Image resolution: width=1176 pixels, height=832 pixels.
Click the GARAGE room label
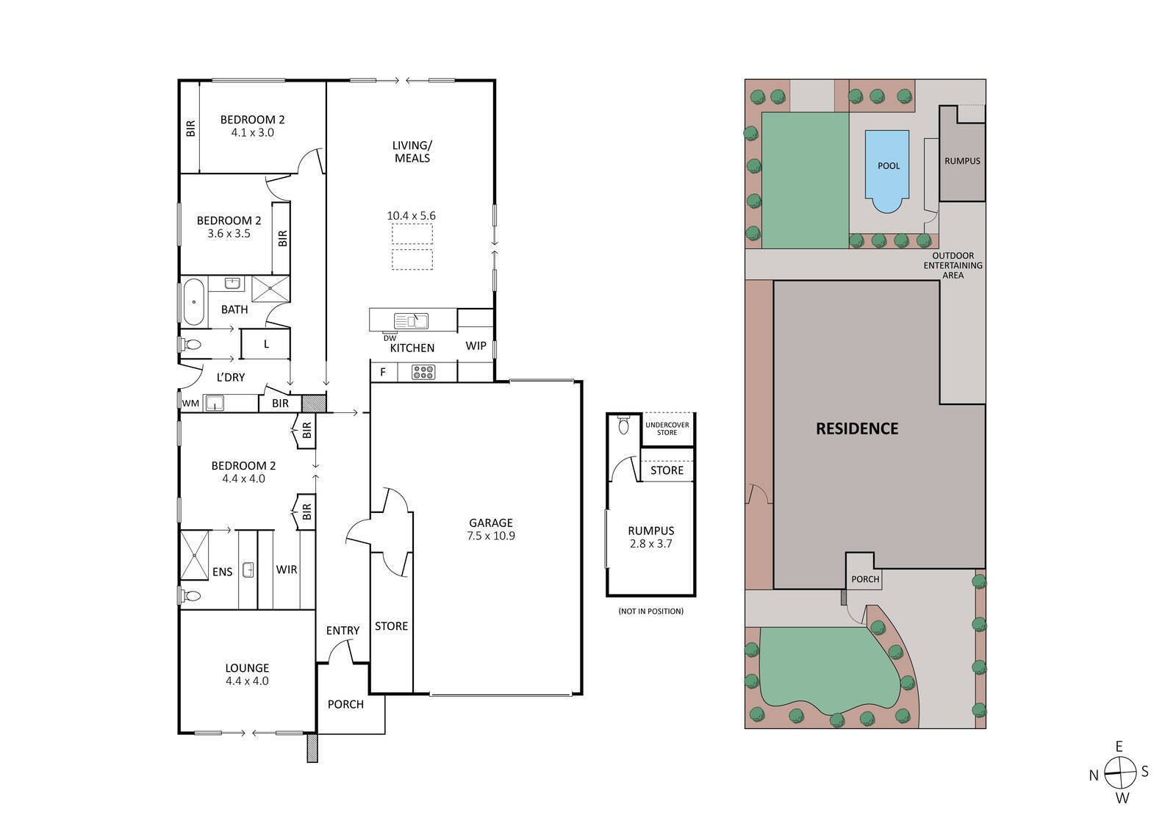(490, 523)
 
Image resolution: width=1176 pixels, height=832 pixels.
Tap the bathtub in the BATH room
(194, 301)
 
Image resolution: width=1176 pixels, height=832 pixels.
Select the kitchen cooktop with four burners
(423, 373)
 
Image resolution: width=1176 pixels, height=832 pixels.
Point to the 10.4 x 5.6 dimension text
(412, 216)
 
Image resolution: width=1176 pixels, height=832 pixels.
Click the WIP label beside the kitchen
(476, 345)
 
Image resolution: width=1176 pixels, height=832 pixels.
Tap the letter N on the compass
(1094, 775)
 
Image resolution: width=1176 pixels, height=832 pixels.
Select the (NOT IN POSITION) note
(650, 612)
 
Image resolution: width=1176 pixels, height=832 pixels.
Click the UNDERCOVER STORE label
(667, 428)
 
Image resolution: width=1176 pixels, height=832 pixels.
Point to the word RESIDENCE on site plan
(857, 428)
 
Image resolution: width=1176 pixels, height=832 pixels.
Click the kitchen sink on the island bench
(411, 320)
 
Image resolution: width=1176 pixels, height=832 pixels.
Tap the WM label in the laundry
(190, 404)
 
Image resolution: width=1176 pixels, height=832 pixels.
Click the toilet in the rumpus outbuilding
(624, 426)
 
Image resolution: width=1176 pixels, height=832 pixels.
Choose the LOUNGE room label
(247, 668)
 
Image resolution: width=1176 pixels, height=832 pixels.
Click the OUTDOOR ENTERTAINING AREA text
(953, 265)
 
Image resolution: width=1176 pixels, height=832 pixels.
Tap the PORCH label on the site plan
(865, 579)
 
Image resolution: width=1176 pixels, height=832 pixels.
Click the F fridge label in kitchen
(382, 373)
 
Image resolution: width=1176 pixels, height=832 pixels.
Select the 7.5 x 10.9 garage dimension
(490, 536)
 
